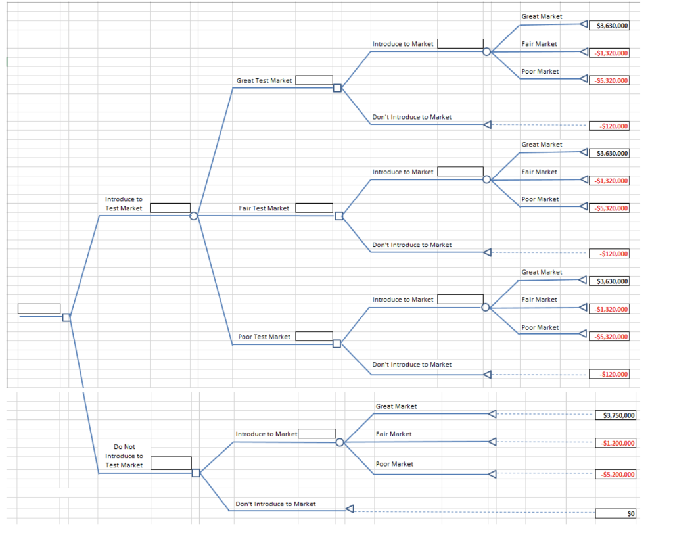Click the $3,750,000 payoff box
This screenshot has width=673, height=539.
tap(615, 415)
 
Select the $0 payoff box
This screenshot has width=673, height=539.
tap(615, 513)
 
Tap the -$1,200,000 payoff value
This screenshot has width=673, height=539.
tap(615, 443)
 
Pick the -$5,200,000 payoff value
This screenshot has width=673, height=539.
tap(615, 475)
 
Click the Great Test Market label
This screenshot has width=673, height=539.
tap(264, 81)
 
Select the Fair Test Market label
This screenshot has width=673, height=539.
tap(264, 208)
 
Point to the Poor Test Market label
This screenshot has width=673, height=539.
tap(264, 337)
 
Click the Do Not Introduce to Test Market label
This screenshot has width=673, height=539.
tap(124, 456)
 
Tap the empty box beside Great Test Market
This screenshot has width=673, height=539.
tap(314, 80)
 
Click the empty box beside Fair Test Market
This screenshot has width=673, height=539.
tap(314, 208)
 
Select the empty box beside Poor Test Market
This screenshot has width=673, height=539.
tap(314, 336)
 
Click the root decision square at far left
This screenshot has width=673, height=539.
tap(66, 317)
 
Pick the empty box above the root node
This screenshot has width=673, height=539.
tap(39, 308)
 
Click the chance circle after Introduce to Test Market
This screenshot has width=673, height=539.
tap(194, 216)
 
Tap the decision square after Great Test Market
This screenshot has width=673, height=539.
tap(337, 88)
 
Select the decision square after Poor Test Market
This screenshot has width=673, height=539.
tap(337, 344)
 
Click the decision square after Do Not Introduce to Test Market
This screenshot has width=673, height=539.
tap(196, 473)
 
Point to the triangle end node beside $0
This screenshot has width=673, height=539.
tap(350, 509)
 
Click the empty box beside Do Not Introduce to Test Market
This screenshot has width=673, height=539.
tap(172, 463)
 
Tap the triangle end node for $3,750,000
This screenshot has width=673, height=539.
tap(492, 414)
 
